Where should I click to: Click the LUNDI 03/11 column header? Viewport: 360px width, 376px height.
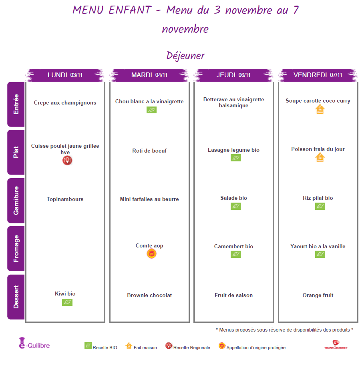pyautogui.click(x=65, y=75)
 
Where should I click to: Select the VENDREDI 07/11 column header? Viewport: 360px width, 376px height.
pyautogui.click(x=318, y=75)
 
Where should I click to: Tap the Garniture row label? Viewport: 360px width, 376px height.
pyautogui.click(x=16, y=200)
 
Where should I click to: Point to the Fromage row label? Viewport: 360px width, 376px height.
pyautogui.click(x=16, y=248)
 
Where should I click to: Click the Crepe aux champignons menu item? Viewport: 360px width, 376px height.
pyautogui.click(x=65, y=103)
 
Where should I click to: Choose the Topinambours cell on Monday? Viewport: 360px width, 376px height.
pyautogui.click(x=65, y=199)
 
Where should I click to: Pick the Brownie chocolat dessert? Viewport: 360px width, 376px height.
pyautogui.click(x=149, y=295)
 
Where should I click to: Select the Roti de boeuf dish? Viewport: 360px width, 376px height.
pyautogui.click(x=149, y=151)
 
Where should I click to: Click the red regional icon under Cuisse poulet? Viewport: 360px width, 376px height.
pyautogui.click(x=67, y=161)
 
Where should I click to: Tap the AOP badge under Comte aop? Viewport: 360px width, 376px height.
pyautogui.click(x=151, y=253)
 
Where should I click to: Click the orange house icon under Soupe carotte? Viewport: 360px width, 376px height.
pyautogui.click(x=320, y=109)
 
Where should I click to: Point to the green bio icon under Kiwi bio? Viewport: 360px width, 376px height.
pyautogui.click(x=67, y=302)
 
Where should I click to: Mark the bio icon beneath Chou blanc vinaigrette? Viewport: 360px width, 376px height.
pyautogui.click(x=151, y=110)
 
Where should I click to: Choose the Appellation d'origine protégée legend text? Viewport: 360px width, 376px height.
pyautogui.click(x=256, y=348)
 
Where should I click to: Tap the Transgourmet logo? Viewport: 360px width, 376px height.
pyautogui.click(x=336, y=345)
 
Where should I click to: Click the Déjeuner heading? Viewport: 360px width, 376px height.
pyautogui.click(x=185, y=56)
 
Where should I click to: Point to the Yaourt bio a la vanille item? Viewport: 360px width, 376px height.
pyautogui.click(x=318, y=246)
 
